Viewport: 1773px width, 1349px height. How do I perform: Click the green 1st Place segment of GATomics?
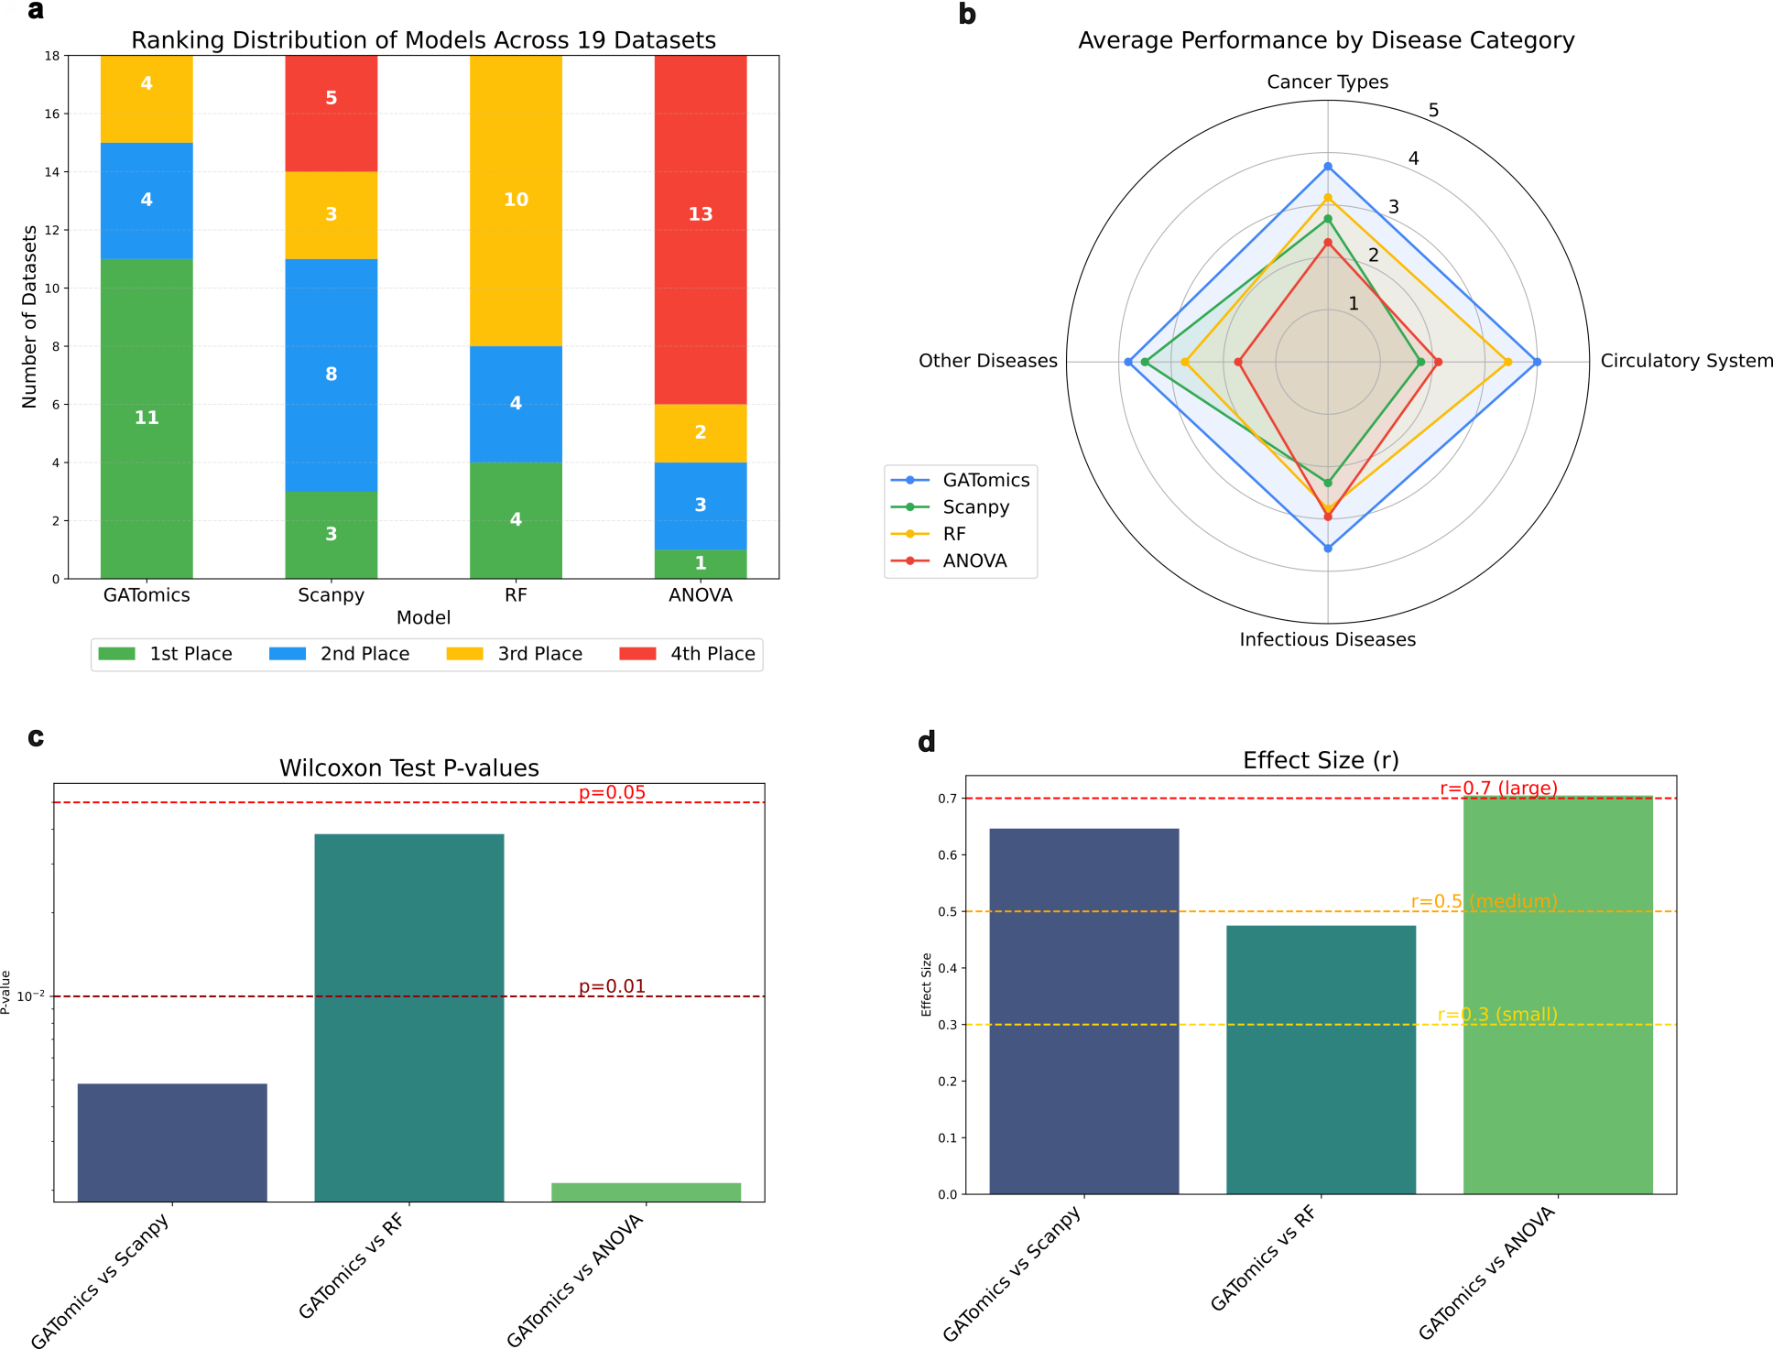147,419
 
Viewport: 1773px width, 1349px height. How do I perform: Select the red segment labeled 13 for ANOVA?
701,229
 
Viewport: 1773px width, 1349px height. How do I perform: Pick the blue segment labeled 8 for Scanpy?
331,375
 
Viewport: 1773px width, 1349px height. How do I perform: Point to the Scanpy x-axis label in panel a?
331,595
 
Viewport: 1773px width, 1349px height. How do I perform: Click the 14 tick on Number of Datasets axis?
51,172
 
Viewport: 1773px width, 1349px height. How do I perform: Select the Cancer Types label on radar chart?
1327,82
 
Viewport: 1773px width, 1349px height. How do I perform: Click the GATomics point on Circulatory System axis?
1537,363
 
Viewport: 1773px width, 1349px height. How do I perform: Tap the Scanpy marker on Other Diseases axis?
1145,363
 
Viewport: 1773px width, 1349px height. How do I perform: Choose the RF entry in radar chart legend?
953,534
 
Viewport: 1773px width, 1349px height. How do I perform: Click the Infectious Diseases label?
1327,639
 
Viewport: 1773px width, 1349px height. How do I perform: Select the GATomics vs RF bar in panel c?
408,1017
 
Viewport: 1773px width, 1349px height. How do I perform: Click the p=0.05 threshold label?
612,792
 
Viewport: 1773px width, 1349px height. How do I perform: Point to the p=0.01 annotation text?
612,986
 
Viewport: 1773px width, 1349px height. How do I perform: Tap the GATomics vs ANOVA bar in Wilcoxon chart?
646,1192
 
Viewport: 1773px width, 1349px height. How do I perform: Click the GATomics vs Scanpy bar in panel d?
1083,1011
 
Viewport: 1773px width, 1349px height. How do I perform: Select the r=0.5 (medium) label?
1484,901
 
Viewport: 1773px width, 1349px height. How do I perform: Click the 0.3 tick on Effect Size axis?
947,1025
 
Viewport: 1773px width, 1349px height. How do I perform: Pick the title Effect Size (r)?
1321,760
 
